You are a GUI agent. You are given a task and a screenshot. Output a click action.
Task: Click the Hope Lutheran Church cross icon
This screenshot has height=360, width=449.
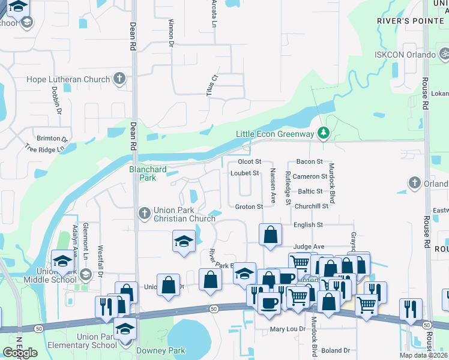[x=119, y=79]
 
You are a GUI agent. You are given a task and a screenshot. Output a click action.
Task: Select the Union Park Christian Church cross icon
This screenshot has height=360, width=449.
[x=144, y=213]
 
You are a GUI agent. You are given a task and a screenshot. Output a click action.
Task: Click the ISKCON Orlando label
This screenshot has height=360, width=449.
[x=405, y=55]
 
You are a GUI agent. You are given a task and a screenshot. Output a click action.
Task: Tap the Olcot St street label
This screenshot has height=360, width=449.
[x=250, y=162]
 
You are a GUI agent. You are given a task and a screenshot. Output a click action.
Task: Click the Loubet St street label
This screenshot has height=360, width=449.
[x=244, y=173]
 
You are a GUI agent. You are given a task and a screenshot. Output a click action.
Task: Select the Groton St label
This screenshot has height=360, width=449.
[x=249, y=207]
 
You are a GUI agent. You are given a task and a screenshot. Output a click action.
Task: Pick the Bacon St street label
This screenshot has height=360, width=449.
[x=310, y=162]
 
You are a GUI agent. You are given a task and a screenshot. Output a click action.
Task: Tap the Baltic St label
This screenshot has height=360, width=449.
[x=311, y=191]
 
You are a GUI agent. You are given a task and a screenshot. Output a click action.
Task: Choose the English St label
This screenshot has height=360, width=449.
[x=308, y=225]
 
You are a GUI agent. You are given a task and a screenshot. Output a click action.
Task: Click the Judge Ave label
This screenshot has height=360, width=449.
[x=309, y=247]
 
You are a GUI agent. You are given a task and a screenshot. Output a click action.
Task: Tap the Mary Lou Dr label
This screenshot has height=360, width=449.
[x=286, y=329]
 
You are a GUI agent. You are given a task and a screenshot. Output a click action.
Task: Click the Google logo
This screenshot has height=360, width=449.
[x=20, y=353]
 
